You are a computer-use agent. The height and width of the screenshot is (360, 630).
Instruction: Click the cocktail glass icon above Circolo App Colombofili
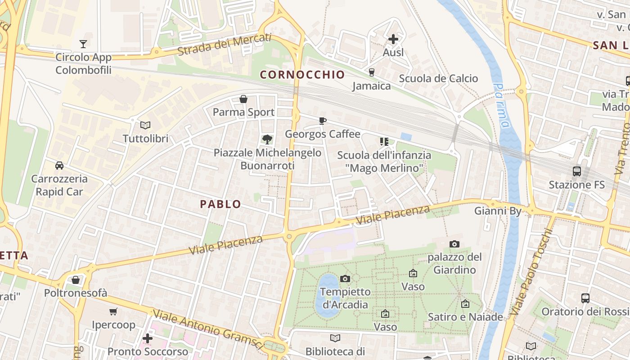tap(83, 44)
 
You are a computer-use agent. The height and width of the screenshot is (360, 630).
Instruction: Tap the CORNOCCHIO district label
tap(302, 75)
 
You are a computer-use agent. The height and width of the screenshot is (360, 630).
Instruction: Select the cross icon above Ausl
tap(393, 39)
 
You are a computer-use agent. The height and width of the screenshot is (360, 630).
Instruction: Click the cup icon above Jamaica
tap(372, 72)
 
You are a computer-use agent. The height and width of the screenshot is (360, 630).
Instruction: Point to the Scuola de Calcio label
tap(438, 79)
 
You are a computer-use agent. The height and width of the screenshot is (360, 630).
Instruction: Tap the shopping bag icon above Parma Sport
tap(243, 99)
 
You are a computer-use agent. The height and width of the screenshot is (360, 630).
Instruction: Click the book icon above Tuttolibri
tap(145, 125)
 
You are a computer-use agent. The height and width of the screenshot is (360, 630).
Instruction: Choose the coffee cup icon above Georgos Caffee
tap(323, 120)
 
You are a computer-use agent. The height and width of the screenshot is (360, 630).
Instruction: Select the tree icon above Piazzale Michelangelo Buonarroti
tap(267, 139)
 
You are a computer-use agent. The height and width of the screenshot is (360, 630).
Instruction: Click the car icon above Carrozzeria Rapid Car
tap(59, 166)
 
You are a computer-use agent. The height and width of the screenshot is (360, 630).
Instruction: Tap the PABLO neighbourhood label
tap(220, 204)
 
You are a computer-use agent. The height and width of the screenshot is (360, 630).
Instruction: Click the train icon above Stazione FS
tap(577, 171)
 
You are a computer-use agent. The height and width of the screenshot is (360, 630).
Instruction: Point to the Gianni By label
tap(498, 211)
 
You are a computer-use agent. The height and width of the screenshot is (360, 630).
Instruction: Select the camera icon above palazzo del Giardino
tap(454, 244)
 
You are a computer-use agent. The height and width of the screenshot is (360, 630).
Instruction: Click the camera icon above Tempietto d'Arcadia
tap(345, 279)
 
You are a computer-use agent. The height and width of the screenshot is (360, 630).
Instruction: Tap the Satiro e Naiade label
tap(465, 317)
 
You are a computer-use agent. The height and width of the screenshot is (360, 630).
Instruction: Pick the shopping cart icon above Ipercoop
tap(113, 311)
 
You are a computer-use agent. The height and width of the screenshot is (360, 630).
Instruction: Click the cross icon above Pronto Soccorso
tap(148, 338)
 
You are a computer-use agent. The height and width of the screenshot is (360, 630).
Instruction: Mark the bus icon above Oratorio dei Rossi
tap(585, 298)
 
